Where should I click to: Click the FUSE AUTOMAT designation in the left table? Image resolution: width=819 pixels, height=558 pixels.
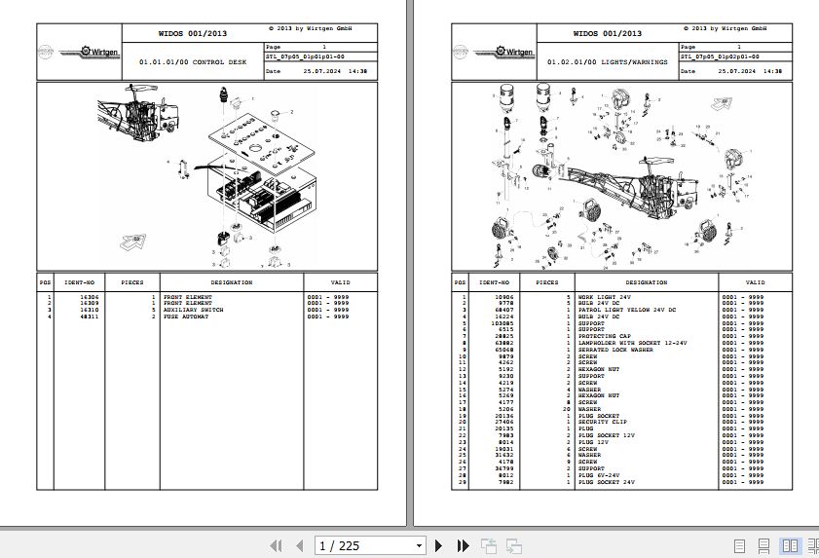click(183, 316)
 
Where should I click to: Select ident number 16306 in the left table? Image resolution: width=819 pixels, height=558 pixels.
click(89, 296)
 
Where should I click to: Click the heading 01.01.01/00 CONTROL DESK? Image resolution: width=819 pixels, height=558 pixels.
click(193, 61)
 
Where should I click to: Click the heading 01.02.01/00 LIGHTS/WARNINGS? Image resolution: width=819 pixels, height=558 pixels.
click(607, 61)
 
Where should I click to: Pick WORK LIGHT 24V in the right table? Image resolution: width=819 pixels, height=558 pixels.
click(605, 296)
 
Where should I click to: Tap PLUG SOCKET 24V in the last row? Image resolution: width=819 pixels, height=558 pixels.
click(607, 482)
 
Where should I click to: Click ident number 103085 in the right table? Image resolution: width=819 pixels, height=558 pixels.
click(503, 322)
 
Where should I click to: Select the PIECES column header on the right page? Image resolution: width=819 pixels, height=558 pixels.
click(547, 282)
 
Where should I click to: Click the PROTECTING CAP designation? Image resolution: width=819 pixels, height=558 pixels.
click(605, 336)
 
